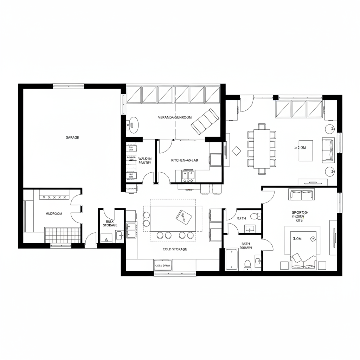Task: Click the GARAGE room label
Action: click(x=72, y=137)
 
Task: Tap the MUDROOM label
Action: click(x=54, y=213)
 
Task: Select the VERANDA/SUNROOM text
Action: click(x=175, y=117)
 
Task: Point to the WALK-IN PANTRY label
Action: click(x=144, y=161)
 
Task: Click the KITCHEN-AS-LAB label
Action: click(x=185, y=160)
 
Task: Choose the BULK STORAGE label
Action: click(x=110, y=223)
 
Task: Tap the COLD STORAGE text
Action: click(x=175, y=249)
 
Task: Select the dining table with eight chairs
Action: click(x=262, y=149)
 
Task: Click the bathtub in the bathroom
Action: click(x=231, y=259)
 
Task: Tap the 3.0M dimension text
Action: click(x=297, y=238)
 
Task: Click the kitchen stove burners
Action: click(x=188, y=180)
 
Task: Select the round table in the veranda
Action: click(x=134, y=125)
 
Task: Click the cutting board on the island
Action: click(x=183, y=215)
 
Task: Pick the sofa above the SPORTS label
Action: click(x=301, y=194)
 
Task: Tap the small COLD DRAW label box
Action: click(x=162, y=266)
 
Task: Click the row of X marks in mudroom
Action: click(x=54, y=198)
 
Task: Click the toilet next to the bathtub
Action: click(x=247, y=264)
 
